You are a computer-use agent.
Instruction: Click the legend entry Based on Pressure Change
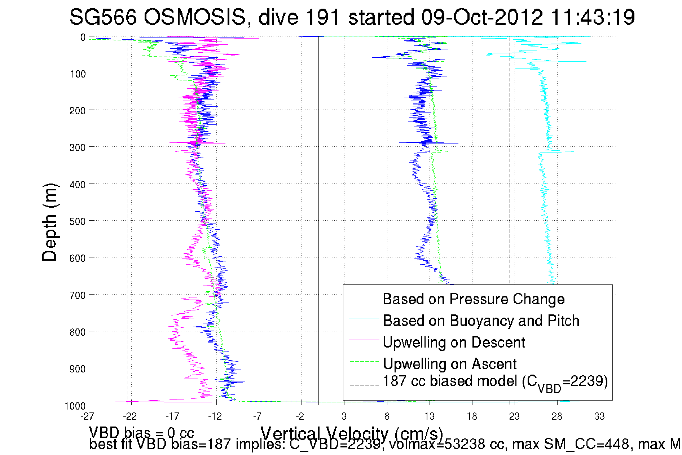point(473,299)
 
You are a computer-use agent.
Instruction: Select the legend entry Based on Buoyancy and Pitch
point(481,321)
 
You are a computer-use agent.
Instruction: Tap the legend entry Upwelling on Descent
point(454,342)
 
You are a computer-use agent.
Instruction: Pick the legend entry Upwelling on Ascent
point(449,364)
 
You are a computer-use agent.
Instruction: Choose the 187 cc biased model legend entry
point(495,382)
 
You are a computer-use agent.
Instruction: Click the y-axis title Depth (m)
point(49,222)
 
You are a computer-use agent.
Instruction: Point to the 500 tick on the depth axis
point(77,221)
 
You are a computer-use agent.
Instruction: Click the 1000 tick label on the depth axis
point(75,406)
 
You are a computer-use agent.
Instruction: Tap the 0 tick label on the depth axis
point(83,37)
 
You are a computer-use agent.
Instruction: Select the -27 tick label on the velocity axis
point(87,416)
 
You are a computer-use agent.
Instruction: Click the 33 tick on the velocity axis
point(599,416)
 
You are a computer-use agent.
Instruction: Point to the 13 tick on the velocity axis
point(429,416)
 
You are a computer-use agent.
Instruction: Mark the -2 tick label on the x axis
point(300,416)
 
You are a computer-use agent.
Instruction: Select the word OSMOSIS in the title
point(195,17)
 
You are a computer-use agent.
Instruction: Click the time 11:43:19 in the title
point(593,17)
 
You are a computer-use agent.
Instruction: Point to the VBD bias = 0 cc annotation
point(141,433)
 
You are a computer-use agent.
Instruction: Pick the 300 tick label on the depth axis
point(77,147)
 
